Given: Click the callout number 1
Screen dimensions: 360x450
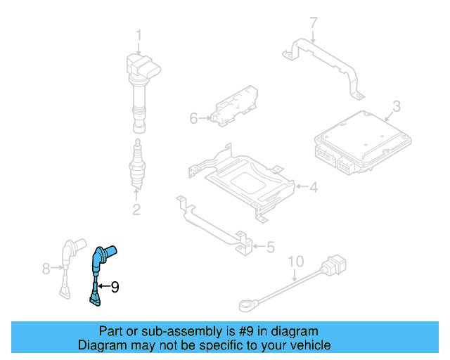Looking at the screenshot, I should click(x=139, y=34).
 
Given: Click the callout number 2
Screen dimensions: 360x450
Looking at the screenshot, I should click(x=136, y=209).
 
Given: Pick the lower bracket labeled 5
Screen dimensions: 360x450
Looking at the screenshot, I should click(x=214, y=224).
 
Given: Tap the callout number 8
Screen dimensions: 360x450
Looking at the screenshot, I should click(x=46, y=268).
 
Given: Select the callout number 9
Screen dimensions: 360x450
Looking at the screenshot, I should click(x=115, y=286).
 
